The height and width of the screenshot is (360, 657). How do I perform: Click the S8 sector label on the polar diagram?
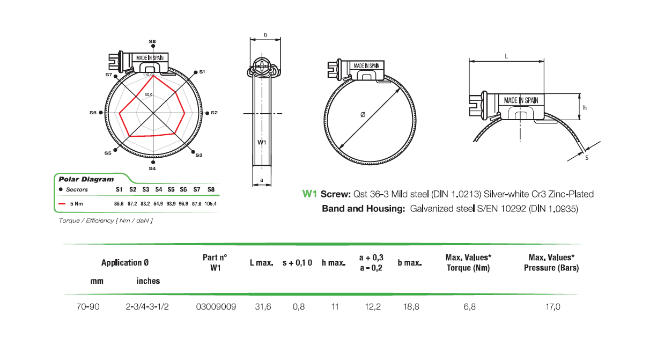click(153, 41)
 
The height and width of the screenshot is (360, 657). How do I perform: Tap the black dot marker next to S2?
click(208, 113)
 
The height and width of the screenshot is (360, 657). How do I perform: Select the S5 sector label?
click(108, 153)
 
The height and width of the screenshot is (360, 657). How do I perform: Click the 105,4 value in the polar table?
click(211, 204)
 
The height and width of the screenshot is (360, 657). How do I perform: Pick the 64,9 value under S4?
click(158, 204)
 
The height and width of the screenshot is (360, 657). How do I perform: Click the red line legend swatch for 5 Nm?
click(62, 204)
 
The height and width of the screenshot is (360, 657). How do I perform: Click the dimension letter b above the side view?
click(265, 35)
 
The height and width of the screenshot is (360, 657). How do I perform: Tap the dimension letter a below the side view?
click(261, 180)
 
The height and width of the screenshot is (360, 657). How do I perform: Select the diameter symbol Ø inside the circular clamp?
click(363, 114)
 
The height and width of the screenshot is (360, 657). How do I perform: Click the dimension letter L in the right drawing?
click(507, 55)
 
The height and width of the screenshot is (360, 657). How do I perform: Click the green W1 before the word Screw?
click(311, 194)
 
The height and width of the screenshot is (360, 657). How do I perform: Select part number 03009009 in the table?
click(216, 306)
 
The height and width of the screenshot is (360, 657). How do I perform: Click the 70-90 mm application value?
click(88, 306)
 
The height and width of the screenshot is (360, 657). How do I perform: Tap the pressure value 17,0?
click(552, 306)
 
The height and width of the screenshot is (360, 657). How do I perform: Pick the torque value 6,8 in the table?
click(468, 306)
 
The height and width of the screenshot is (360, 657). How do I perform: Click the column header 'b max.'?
click(410, 263)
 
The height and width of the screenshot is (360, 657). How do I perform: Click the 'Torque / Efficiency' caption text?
click(105, 221)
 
